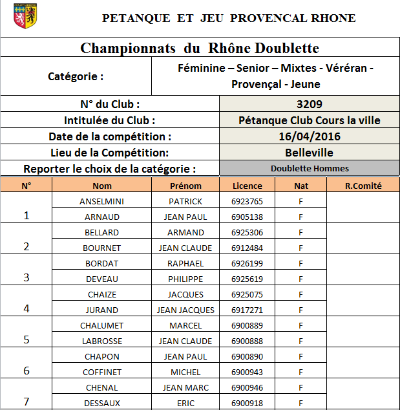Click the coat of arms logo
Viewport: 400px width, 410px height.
click(25, 17)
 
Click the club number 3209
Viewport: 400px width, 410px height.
click(310, 104)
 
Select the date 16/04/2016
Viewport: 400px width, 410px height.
click(310, 136)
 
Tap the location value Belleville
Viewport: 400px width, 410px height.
click(310, 153)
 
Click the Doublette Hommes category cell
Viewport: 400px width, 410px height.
click(310, 168)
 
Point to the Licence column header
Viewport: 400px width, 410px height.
click(247, 186)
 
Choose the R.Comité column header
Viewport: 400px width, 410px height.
click(363, 186)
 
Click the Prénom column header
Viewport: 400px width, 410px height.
click(186, 186)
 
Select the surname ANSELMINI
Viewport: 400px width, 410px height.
click(101, 201)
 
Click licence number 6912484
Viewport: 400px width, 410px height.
click(247, 248)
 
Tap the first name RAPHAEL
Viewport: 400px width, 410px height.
click(186, 263)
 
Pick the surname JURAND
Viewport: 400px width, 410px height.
click(101, 310)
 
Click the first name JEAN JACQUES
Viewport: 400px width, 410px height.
click(186, 310)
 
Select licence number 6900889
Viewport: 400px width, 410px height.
click(247, 325)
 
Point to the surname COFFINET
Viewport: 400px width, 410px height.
click(101, 372)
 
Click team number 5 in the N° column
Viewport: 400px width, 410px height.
click(26, 340)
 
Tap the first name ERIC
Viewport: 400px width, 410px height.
click(186, 403)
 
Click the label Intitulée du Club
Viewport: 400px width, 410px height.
click(110, 120)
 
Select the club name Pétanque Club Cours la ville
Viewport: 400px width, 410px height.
click(310, 120)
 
